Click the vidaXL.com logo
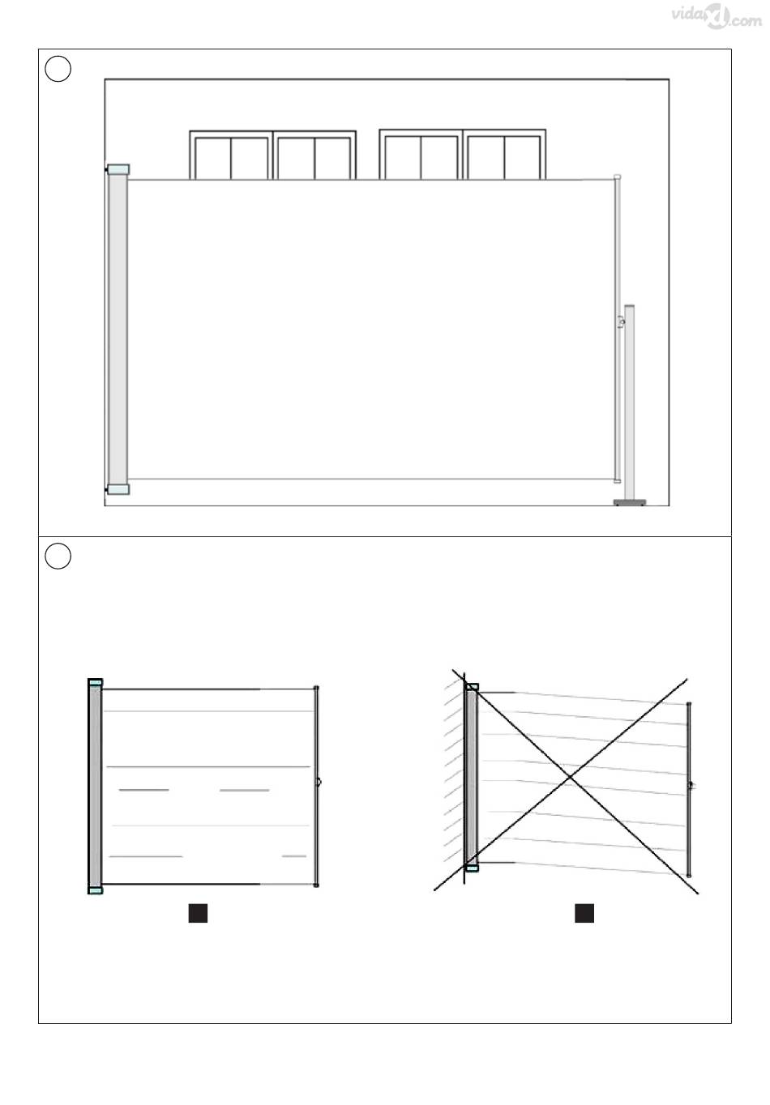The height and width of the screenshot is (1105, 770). [x=717, y=18]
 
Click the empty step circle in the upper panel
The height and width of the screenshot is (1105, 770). [x=58, y=69]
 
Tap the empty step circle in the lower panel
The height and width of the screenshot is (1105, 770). [x=58, y=556]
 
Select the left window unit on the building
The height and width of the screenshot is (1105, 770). [x=273, y=155]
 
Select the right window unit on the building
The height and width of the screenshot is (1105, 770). [x=463, y=154]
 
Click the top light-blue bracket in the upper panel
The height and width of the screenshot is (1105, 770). [x=118, y=169]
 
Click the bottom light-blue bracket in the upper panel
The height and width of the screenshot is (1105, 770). [x=118, y=489]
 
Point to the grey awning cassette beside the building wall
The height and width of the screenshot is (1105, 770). [x=118, y=329]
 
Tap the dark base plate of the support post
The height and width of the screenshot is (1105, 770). [x=629, y=502]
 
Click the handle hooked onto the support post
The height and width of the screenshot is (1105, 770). [x=621, y=322]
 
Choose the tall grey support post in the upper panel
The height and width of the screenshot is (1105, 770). [x=629, y=403]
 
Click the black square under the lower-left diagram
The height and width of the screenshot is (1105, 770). [x=198, y=913]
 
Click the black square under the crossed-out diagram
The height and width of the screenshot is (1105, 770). [x=584, y=913]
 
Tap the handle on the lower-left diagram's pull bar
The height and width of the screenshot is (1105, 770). [x=319, y=782]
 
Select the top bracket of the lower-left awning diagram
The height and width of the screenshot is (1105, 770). [x=96, y=683]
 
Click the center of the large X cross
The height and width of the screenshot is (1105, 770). [x=570, y=778]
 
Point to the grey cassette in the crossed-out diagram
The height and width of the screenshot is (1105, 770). [x=472, y=777]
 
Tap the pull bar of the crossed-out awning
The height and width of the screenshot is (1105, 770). [x=689, y=789]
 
